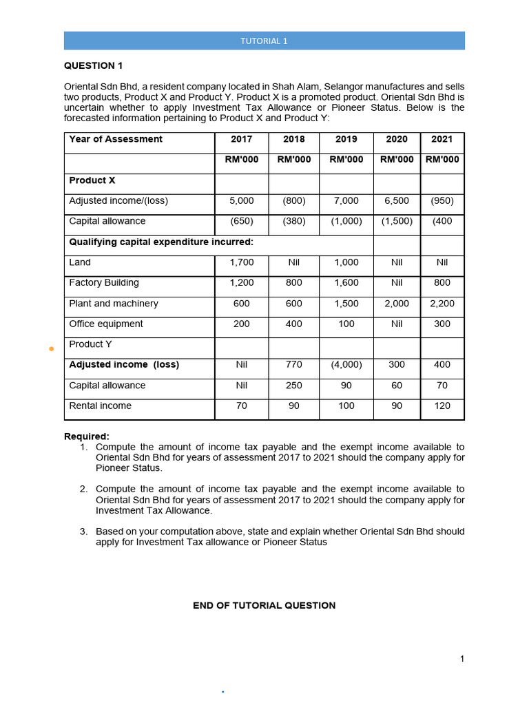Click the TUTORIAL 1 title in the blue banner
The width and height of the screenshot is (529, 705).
(x=264, y=41)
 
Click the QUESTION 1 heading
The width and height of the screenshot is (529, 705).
(x=93, y=65)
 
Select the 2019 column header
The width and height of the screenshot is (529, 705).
(x=346, y=139)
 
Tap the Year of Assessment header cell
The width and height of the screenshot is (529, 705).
(x=116, y=139)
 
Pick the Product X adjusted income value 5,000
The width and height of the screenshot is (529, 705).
(x=241, y=201)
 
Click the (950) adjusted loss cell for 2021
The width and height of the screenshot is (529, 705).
(x=442, y=201)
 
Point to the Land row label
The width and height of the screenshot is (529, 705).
(x=80, y=262)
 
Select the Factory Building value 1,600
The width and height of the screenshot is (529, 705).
(x=346, y=283)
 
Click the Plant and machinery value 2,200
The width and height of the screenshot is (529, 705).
(x=442, y=304)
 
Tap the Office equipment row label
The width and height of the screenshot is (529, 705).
(x=106, y=324)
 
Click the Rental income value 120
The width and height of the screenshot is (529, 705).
(x=442, y=406)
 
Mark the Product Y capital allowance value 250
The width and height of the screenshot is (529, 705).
(x=293, y=386)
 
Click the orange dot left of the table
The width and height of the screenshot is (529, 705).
(x=51, y=349)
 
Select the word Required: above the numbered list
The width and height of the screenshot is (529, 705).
(x=86, y=436)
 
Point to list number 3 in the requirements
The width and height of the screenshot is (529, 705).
(x=83, y=532)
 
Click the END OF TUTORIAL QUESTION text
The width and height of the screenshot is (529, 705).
(x=264, y=606)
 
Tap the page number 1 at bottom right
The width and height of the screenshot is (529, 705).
(x=462, y=659)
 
